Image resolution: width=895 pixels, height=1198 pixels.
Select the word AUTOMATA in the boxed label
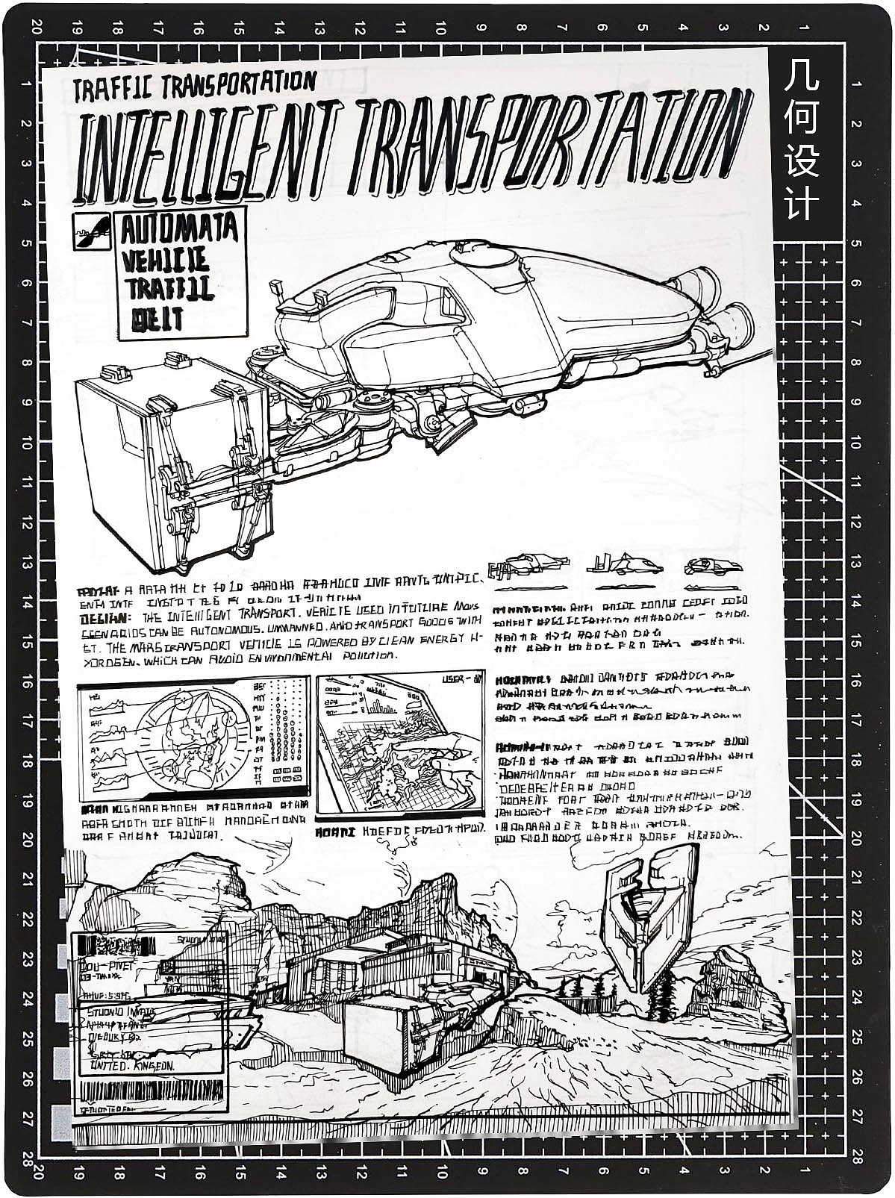coord(179,228)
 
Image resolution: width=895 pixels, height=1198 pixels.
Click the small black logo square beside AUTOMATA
coord(92,231)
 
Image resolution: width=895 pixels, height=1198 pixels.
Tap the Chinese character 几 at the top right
coord(801,78)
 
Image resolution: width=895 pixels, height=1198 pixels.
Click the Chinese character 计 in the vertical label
coord(801,203)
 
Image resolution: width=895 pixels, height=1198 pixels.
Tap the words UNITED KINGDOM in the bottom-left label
coord(133,1066)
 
